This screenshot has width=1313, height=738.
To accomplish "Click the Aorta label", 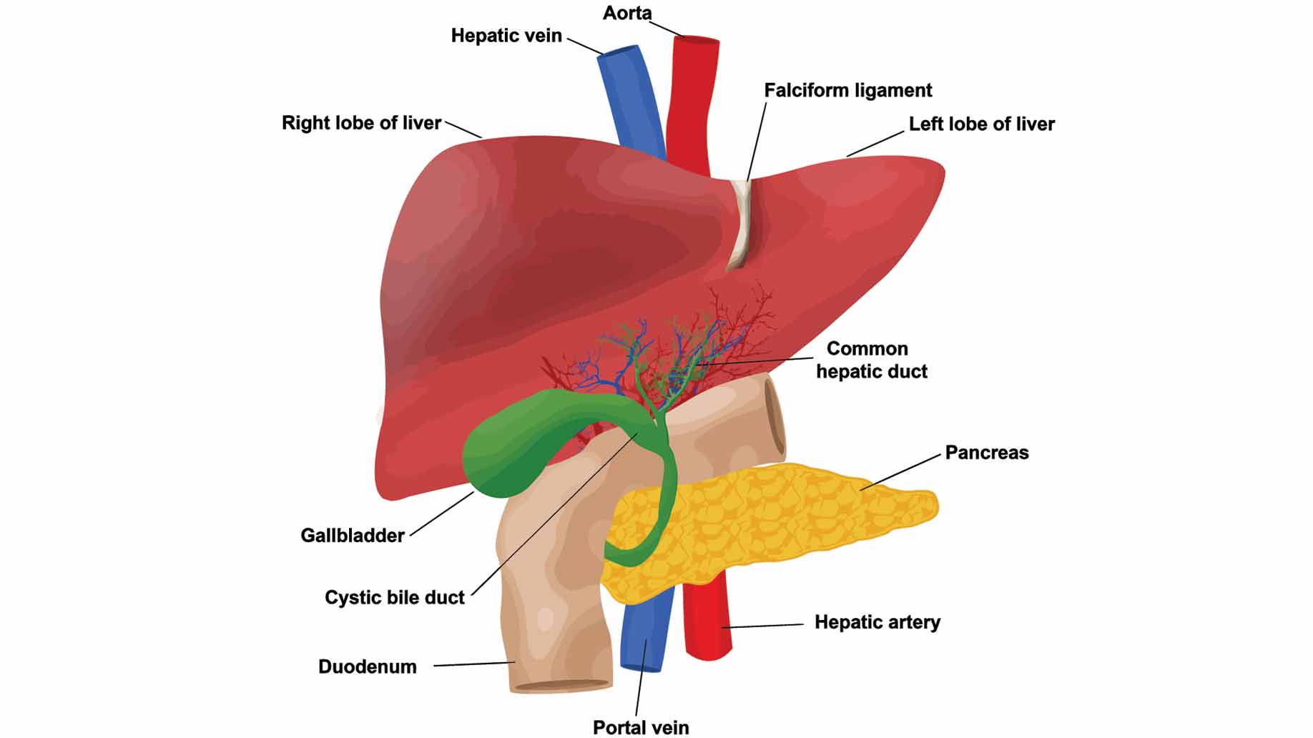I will pyautogui.click(x=627, y=13).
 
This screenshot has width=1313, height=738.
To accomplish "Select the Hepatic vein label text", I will pyautogui.click(x=506, y=36).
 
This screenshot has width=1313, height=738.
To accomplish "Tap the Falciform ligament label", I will pyautogui.click(x=847, y=90).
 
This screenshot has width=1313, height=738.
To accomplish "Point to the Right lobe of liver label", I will pyautogui.click(x=361, y=123).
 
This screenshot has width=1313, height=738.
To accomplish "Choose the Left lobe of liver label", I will pyautogui.click(x=981, y=124).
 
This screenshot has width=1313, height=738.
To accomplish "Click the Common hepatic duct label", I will pyautogui.click(x=871, y=360).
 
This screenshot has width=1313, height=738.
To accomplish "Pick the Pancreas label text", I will pyautogui.click(x=986, y=453).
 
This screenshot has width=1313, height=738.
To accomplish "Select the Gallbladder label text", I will pyautogui.click(x=353, y=535).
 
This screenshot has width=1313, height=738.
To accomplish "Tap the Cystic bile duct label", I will pyautogui.click(x=395, y=597).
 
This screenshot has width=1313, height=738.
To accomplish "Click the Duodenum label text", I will pyautogui.click(x=368, y=666).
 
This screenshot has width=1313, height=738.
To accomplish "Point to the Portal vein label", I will pyautogui.click(x=641, y=727).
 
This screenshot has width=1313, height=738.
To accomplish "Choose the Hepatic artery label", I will pyautogui.click(x=877, y=622).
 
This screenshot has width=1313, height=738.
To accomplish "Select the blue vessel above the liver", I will pyautogui.click(x=629, y=100).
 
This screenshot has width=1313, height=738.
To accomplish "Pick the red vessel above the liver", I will pyautogui.click(x=691, y=100).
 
